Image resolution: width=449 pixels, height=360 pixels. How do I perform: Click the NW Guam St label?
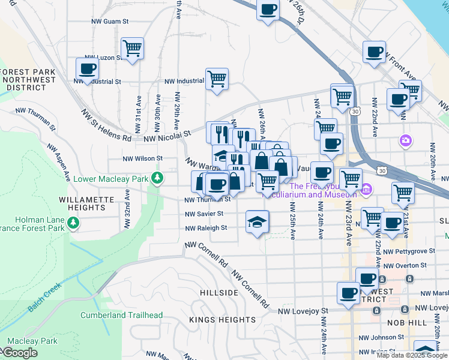[110, 21]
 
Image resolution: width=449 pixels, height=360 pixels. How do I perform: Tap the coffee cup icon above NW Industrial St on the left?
[88, 68]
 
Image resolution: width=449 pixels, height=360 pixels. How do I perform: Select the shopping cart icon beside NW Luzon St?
[132, 48]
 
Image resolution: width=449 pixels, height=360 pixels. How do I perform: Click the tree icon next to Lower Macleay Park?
[157, 178]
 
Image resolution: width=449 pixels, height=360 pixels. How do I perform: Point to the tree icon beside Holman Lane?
[73, 223]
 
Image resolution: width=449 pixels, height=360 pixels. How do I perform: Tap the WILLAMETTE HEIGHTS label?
[87, 203]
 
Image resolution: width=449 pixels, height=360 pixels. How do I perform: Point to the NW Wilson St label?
[142, 159]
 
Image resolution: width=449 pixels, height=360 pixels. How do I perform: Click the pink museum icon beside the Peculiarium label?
[366, 190]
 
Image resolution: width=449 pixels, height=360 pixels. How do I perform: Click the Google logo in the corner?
[19, 353]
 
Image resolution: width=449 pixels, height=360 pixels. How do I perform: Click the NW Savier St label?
[204, 214]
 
